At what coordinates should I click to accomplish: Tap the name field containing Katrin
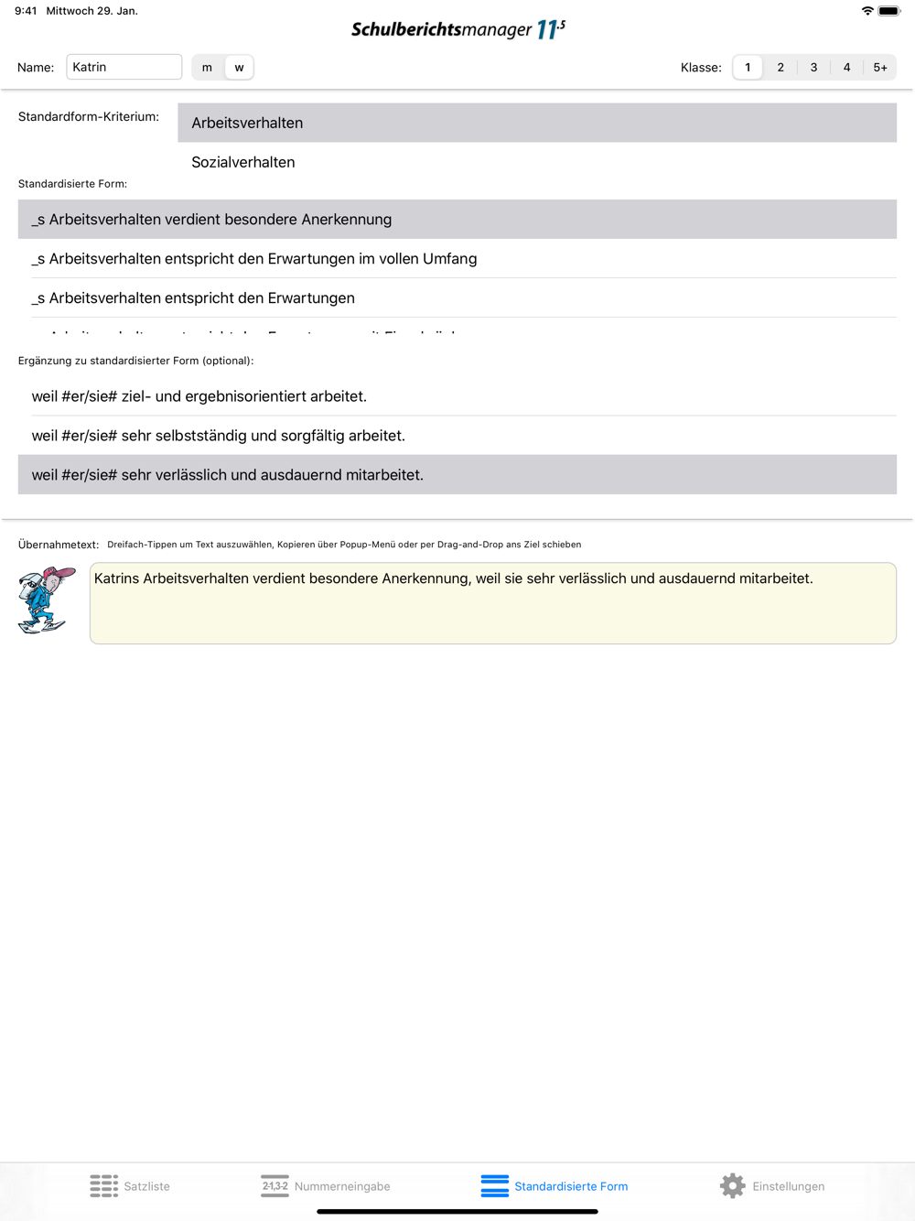tap(124, 67)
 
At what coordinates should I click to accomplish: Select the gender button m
tap(207, 68)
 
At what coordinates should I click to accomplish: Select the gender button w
tap(239, 68)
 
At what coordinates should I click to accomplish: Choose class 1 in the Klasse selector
tap(748, 68)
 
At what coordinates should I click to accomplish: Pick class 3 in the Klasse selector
tap(813, 68)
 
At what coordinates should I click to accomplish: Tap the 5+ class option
tap(880, 68)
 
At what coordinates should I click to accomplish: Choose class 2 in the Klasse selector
tap(780, 68)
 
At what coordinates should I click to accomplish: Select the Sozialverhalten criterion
tap(243, 162)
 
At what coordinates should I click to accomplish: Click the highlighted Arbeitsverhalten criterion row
tap(536, 123)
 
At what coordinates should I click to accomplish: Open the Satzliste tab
tap(130, 1186)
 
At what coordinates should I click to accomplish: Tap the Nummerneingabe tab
tap(326, 1186)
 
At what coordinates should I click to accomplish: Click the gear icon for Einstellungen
tap(733, 1186)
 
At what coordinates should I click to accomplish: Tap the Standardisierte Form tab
tap(554, 1186)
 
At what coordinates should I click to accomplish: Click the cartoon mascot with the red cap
tap(46, 600)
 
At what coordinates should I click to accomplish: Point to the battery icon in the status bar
tap(888, 11)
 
